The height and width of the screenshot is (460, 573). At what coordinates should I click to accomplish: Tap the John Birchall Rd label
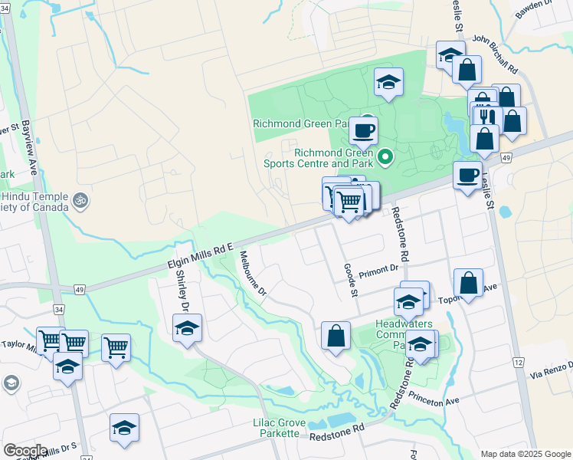(x=496, y=54)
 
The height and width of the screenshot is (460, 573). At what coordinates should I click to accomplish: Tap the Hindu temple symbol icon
(x=80, y=202)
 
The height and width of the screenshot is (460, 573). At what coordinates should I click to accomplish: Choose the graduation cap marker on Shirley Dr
(x=187, y=327)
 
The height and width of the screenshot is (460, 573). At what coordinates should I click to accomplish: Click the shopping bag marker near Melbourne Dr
(x=336, y=335)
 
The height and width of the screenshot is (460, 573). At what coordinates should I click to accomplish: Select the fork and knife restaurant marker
(x=486, y=117)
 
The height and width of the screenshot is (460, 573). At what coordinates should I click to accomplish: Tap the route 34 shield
(x=58, y=309)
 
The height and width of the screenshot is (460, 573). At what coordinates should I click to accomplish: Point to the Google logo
(x=25, y=450)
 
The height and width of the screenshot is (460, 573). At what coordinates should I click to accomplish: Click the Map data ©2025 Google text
(x=525, y=453)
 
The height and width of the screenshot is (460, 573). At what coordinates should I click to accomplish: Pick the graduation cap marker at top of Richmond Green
(x=389, y=81)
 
